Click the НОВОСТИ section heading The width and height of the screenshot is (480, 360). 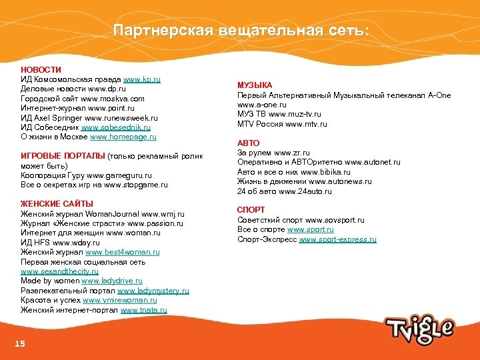click(x=41, y=69)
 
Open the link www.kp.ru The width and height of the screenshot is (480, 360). click(x=142, y=79)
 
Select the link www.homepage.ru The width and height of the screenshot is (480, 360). click(x=123, y=137)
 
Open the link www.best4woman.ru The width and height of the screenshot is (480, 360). click(x=123, y=253)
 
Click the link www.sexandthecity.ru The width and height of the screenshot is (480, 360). click(x=59, y=272)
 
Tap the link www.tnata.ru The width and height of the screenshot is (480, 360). click(x=144, y=310)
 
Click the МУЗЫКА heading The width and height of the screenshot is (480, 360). click(x=255, y=85)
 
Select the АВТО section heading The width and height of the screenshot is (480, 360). click(x=249, y=143)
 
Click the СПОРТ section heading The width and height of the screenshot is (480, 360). click(x=251, y=210)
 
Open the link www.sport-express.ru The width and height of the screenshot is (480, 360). click(x=338, y=239)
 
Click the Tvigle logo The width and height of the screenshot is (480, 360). click(x=419, y=327)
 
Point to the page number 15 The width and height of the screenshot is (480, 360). click(x=20, y=343)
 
